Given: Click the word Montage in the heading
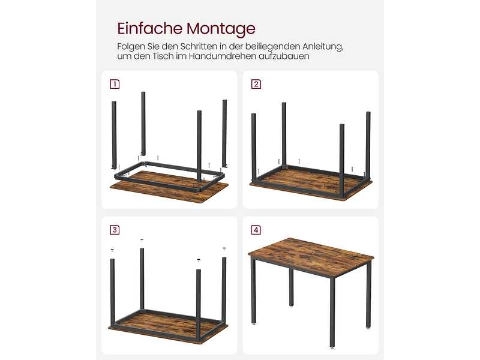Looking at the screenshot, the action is pos(221,29).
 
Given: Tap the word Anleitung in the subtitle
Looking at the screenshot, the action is pos(323,47).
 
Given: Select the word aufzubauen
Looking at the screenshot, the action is pos(284,56).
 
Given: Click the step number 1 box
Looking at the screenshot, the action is pos(115,84).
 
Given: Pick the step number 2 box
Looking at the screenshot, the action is pos(256,84).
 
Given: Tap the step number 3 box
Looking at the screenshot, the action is pos(115,230).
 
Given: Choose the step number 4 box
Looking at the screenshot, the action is pos(256,230).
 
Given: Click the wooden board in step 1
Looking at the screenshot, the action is pos(169,186).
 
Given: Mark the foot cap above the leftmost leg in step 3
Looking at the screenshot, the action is pos(112,250).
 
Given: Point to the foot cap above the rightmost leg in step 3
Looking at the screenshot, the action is pos(224,249).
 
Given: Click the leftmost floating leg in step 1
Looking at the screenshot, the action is pos(114,134).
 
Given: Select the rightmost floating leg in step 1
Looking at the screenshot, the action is pos(224,133).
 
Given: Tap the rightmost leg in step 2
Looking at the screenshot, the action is pos(368,146).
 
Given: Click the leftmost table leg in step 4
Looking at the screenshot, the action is pos(253,290).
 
